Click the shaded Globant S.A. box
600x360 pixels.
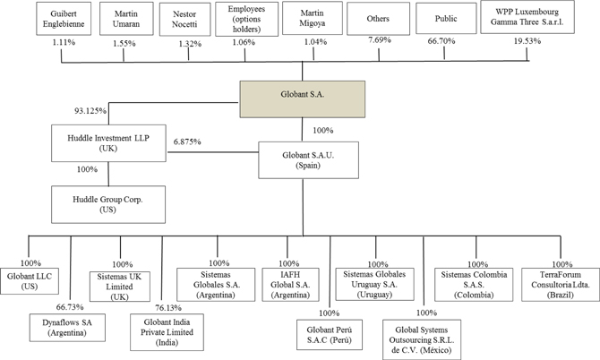point(302,98)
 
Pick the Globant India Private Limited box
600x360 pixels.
point(168,330)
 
